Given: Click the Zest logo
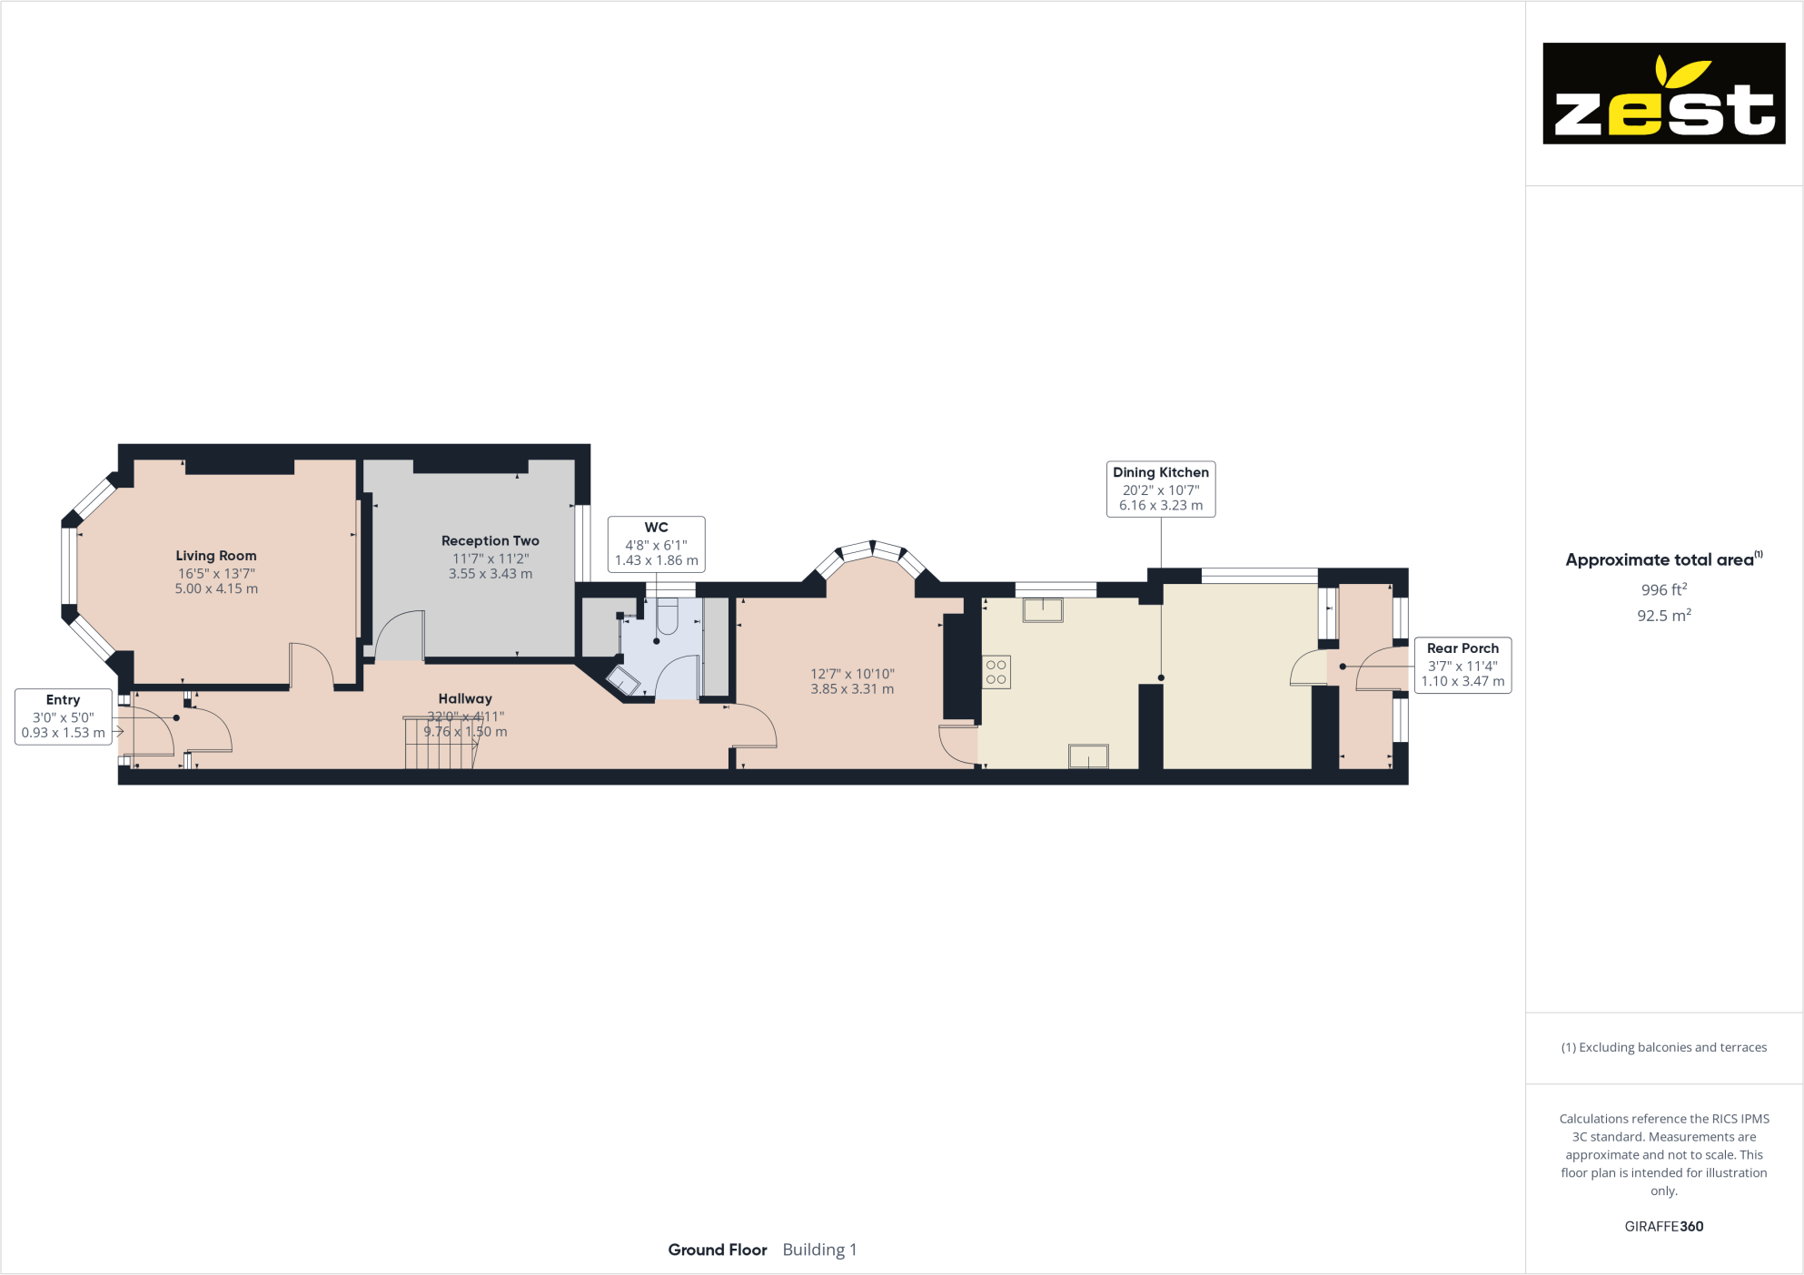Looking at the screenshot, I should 1663,94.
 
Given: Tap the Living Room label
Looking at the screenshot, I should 216,556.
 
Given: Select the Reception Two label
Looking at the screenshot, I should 490,541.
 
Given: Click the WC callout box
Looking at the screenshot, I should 656,544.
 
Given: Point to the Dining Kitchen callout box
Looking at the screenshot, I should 1160,489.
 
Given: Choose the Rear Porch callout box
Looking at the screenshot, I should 1462,665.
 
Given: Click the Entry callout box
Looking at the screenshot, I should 64,717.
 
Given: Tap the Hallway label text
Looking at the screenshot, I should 465,698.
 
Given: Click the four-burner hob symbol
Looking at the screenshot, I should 996,672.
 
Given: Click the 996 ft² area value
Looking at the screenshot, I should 1663,589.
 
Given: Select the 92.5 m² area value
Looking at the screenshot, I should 1663,616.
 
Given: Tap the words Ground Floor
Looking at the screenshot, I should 717,1250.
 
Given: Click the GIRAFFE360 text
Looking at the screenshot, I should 1663,1226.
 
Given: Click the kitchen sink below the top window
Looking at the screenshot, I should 1042,609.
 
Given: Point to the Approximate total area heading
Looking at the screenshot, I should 1660,559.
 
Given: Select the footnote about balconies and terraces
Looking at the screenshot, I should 1663,1047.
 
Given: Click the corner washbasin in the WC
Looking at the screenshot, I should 624,680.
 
